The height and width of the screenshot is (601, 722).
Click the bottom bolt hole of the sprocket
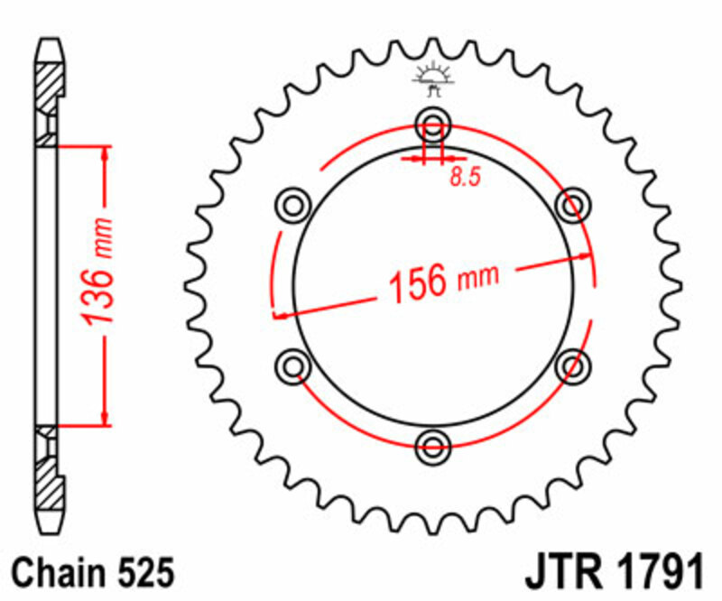click(433, 443)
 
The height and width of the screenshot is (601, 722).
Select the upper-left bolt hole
click(294, 205)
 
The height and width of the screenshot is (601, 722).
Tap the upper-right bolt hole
click(572, 205)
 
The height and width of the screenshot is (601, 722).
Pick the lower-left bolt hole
click(292, 365)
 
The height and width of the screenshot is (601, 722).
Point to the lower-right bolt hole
click(572, 365)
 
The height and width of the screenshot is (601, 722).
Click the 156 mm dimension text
click(442, 282)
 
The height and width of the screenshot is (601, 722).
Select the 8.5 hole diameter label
click(464, 177)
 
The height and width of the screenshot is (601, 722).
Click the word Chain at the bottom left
click(56, 574)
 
